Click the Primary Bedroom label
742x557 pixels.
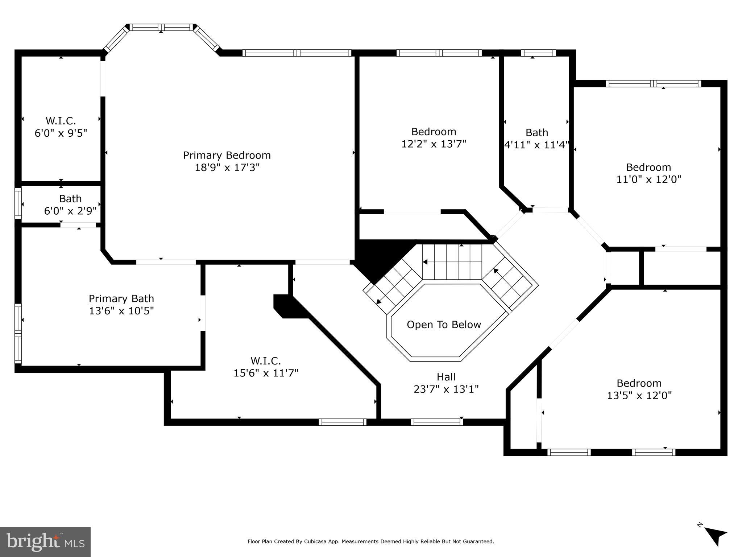pos(227,155)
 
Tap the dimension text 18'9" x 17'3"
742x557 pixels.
pos(227,168)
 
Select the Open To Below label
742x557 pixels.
pos(444,325)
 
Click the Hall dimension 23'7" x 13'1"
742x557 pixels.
pos(446,389)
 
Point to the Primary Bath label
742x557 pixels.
pos(121,298)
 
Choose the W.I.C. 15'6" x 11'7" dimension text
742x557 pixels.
pos(266,373)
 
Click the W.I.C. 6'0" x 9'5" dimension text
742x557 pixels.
pos(61,133)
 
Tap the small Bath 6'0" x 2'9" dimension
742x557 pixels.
pos(70,211)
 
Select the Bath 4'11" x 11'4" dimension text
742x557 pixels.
pos(537,145)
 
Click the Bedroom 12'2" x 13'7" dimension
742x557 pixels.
pos(434,144)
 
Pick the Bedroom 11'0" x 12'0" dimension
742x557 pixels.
pos(648,180)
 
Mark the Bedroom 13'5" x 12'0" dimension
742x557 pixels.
pos(639,395)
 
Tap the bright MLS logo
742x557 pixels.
pos(45,542)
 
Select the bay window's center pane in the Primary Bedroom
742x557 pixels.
pos(161,27)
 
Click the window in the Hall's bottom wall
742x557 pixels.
pos(436,422)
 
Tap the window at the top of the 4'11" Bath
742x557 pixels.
pos(538,53)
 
